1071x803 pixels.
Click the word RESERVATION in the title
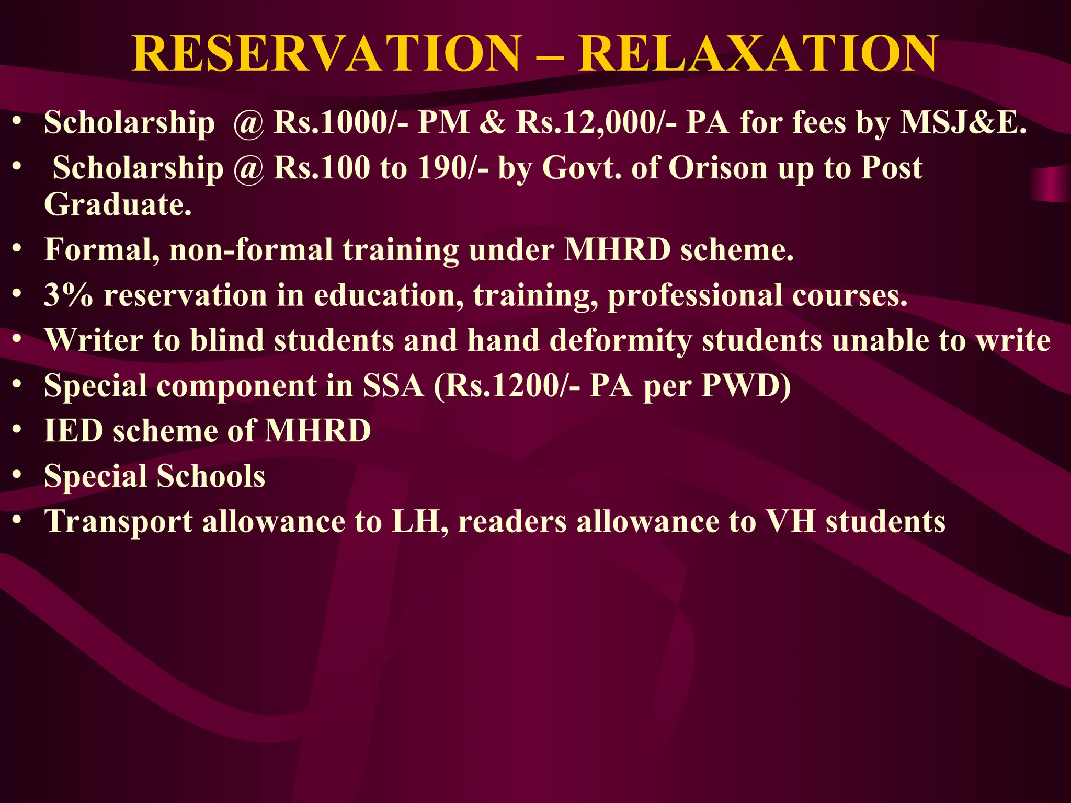327,54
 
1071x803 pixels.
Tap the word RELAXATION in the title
758,54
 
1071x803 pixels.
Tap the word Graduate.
118,204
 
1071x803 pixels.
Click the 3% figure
69,295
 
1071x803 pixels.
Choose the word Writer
94,340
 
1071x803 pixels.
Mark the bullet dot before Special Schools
17,475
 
